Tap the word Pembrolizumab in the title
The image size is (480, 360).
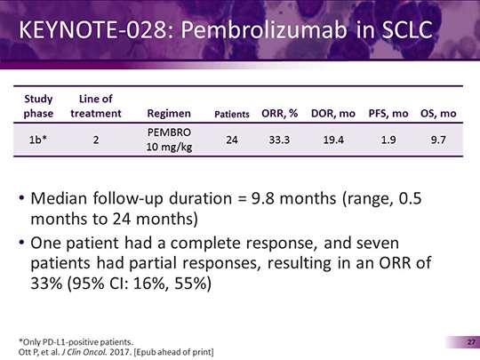point(264,29)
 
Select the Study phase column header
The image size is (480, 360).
point(38,106)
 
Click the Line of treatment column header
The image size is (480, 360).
point(96,106)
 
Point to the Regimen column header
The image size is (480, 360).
point(169,114)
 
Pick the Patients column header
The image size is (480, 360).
point(232,114)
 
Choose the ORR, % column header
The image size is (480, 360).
point(279,113)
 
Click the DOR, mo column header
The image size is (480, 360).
point(333,113)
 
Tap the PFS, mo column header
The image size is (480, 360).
point(388,113)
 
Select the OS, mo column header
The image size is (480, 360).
point(438,113)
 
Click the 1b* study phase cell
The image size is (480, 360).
point(38,140)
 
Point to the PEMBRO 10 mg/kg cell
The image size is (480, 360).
point(169,140)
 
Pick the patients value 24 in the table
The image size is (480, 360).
point(232,140)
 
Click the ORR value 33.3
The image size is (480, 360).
point(279,140)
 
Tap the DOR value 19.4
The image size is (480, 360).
point(333,140)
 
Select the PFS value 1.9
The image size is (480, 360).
point(388,140)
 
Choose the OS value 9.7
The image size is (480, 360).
point(438,140)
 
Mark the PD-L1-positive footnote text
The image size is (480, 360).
point(76,342)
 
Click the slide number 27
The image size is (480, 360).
point(471,342)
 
